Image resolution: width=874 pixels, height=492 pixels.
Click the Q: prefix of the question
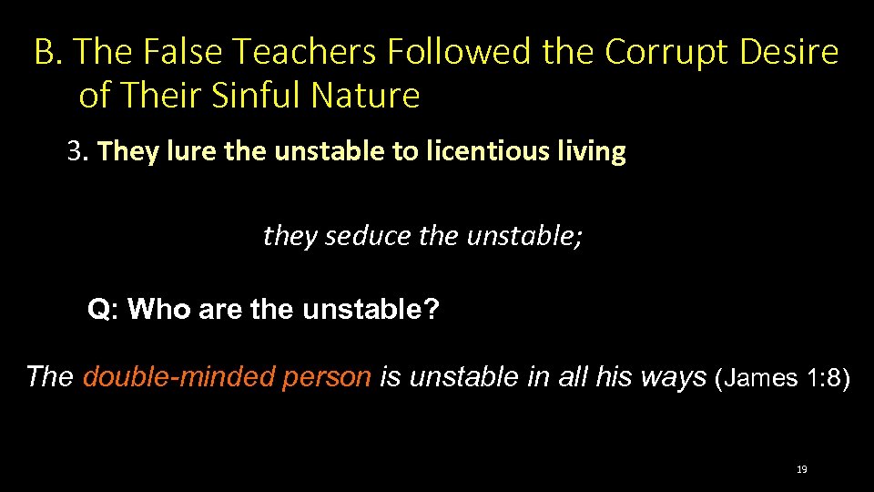pyautogui.click(x=103, y=311)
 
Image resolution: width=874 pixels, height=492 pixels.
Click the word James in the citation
pyautogui.click(x=761, y=377)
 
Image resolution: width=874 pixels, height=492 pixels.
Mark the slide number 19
pyautogui.click(x=801, y=469)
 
